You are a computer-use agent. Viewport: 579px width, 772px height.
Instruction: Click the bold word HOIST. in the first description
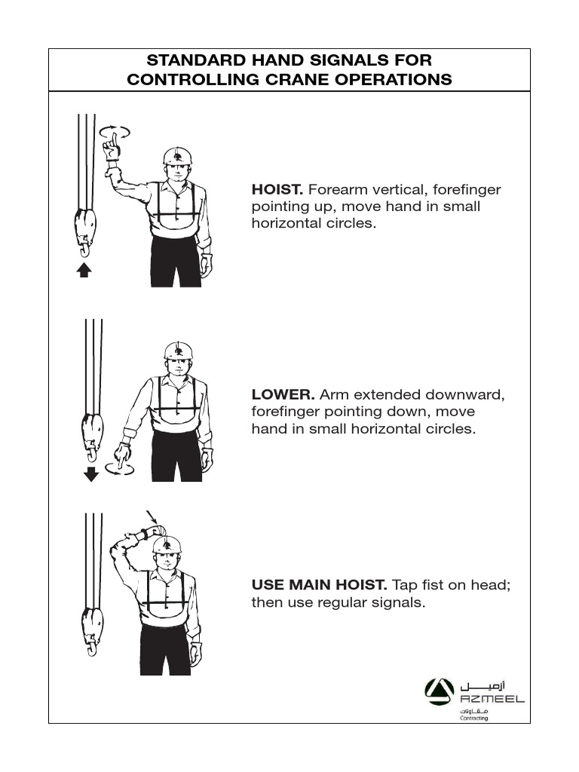[x=277, y=189]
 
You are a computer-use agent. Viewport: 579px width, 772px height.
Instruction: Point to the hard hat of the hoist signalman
[x=178, y=156]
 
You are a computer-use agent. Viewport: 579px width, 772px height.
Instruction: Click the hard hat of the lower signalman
[x=178, y=351]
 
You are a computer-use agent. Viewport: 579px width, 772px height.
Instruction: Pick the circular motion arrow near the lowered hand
[x=121, y=469]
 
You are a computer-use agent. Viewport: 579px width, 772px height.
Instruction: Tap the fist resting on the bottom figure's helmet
[x=155, y=532]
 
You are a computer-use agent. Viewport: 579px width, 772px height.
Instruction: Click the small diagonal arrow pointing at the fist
[x=152, y=518]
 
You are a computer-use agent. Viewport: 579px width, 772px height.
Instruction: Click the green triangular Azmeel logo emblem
[x=439, y=690]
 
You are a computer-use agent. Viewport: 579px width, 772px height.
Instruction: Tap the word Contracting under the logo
[x=474, y=718]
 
